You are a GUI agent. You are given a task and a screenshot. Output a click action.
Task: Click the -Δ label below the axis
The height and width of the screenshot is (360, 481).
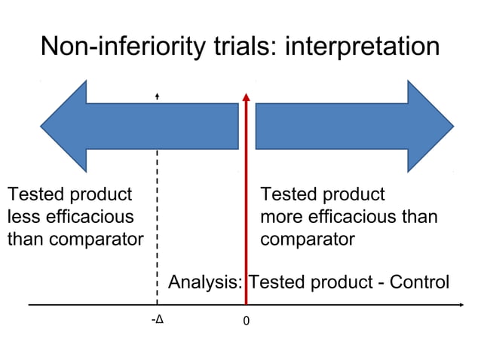[157, 319]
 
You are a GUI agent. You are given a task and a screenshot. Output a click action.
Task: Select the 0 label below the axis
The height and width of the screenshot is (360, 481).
[246, 321]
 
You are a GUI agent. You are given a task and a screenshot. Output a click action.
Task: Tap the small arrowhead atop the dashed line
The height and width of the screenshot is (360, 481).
[157, 96]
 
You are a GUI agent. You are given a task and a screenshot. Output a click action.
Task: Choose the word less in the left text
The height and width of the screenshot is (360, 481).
[21, 217]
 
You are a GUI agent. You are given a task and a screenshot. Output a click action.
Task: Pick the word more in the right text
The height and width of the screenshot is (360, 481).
[280, 217]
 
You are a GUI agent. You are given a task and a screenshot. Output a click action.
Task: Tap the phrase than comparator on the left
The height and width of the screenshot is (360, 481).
[75, 239]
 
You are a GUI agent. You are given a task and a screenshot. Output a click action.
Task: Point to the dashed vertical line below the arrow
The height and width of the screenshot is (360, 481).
[157, 226]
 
